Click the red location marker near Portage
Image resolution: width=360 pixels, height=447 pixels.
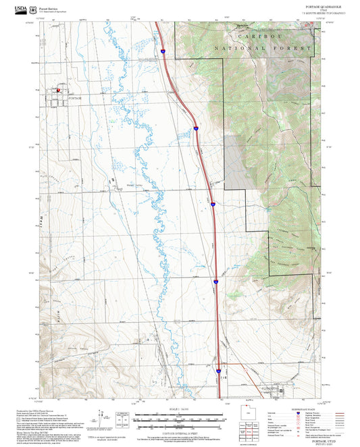coord(58,88)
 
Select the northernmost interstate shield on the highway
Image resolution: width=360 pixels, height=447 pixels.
coord(163,50)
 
